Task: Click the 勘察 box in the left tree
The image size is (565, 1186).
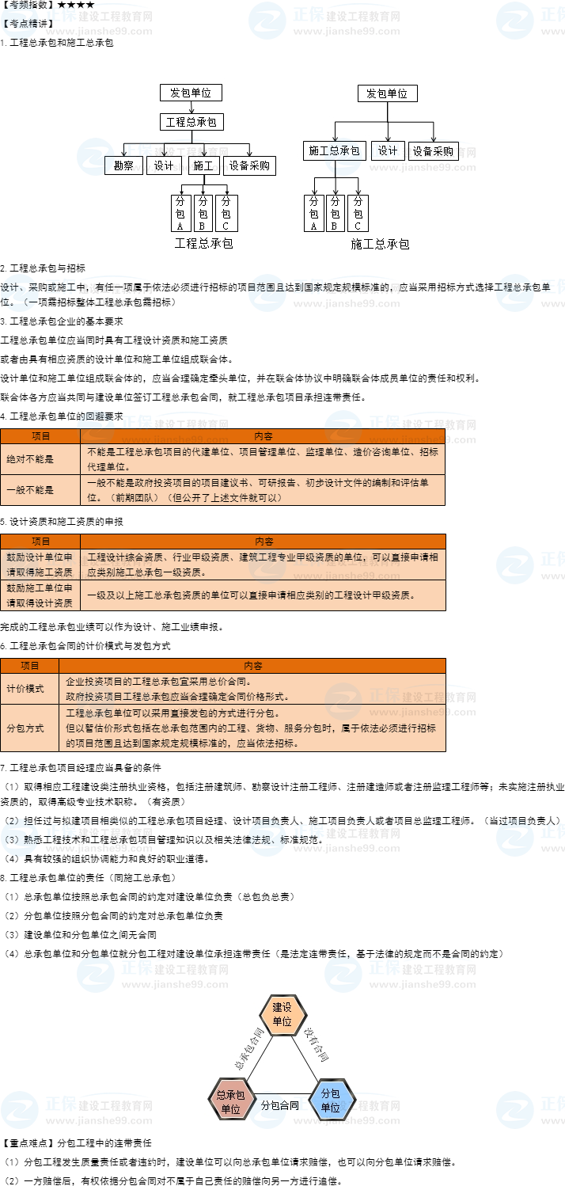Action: pos(123,165)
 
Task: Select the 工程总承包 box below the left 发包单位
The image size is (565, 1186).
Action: pos(191,122)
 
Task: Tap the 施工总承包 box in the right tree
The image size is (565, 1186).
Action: pos(334,150)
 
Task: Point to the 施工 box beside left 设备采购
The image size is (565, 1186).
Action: pos(203,165)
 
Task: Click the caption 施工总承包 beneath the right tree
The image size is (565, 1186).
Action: pos(380,244)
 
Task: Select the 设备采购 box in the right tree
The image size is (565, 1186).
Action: pos(433,150)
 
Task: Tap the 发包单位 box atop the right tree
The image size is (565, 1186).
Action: pos(387,93)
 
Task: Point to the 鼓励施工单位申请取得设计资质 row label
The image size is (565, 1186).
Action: pos(40,595)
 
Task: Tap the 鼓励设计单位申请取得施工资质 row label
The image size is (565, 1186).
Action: pos(40,564)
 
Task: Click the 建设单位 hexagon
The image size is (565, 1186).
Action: pos(282,1014)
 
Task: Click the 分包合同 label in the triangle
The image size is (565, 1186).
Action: pos(280,1105)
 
